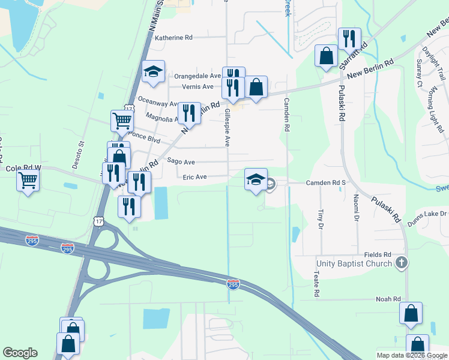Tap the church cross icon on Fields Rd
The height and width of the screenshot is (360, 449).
pyautogui.click(x=402, y=263)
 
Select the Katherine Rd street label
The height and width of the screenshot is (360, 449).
pyautogui.click(x=173, y=37)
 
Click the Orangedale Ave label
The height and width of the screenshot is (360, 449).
pyautogui.click(x=198, y=76)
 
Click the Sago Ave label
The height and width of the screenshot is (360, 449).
pyautogui.click(x=181, y=162)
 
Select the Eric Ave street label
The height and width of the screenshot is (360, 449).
pyautogui.click(x=194, y=177)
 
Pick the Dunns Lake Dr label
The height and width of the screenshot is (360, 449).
pyautogui.click(x=427, y=214)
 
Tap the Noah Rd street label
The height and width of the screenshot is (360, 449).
pyautogui.click(x=388, y=299)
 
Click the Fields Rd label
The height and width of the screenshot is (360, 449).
pyautogui.click(x=378, y=255)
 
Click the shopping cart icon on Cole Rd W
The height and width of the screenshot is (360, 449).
pyautogui.click(x=28, y=179)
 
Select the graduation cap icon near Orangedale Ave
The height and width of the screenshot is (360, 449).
pyautogui.click(x=154, y=71)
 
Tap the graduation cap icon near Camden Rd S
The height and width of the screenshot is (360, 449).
pyautogui.click(x=256, y=178)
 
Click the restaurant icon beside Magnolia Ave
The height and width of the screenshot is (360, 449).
pyautogui.click(x=189, y=111)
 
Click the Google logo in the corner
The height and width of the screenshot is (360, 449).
pyautogui.click(x=20, y=353)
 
